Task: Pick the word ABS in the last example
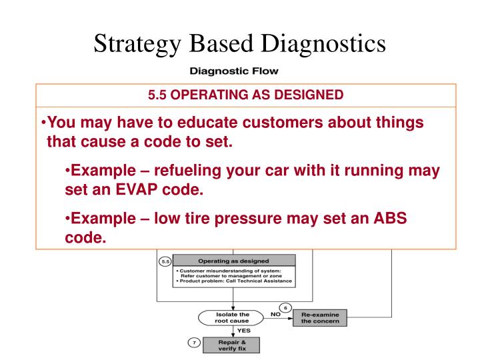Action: click(x=388, y=218)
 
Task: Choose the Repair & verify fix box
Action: click(x=232, y=345)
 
